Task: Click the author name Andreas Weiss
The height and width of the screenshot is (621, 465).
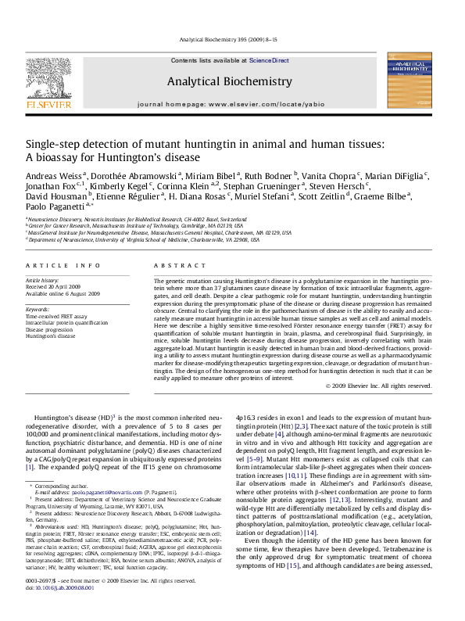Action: coord(55,176)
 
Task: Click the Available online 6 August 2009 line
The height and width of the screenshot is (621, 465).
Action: coord(63,293)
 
